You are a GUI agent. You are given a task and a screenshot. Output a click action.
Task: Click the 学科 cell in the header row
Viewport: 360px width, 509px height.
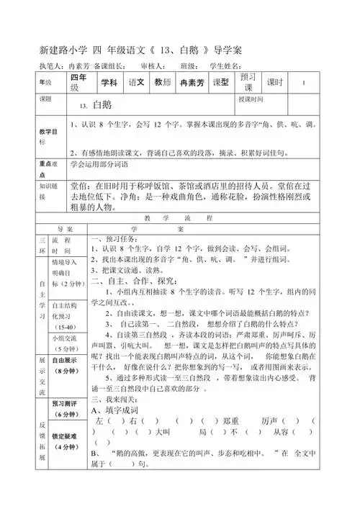click(x=109, y=83)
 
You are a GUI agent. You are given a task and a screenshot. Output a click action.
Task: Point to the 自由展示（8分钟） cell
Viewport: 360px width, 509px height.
click(x=65, y=366)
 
